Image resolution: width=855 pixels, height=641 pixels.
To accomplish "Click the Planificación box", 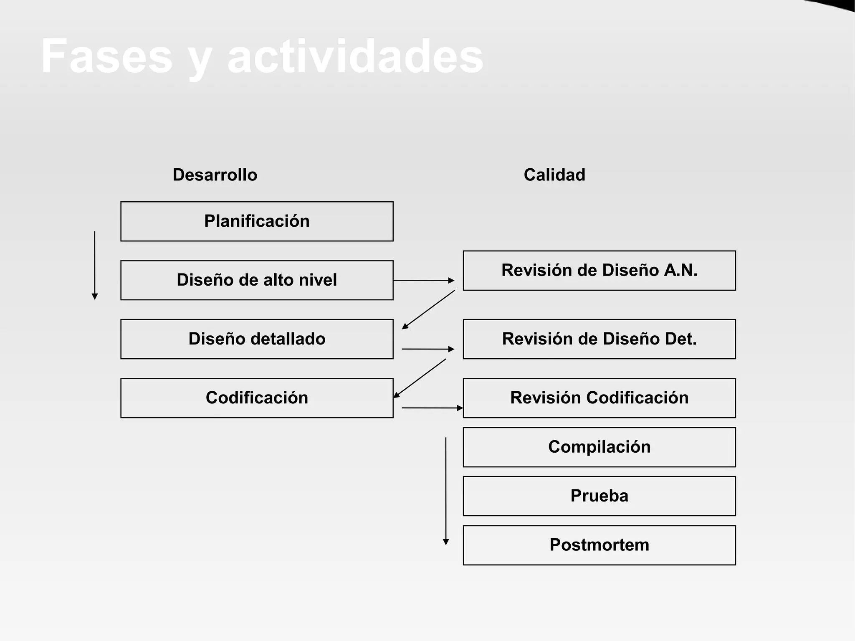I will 257,221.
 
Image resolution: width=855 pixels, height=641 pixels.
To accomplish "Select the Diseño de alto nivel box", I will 257,280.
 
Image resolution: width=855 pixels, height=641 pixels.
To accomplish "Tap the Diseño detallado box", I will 257,339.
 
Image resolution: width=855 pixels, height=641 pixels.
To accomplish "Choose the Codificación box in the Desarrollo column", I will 257,398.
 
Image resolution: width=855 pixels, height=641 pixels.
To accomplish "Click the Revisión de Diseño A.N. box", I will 599,271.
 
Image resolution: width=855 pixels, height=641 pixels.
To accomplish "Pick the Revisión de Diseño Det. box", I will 599,339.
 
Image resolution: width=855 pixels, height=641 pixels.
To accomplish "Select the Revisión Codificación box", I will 599,398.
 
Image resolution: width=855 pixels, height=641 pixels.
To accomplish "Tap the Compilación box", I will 599,447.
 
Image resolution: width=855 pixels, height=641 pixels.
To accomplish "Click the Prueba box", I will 599,496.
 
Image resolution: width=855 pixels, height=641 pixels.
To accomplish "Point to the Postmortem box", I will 599,545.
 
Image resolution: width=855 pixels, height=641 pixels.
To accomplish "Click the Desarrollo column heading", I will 215,175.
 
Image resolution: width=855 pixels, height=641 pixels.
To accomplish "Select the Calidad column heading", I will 554,175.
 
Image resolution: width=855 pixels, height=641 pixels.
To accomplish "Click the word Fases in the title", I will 106,56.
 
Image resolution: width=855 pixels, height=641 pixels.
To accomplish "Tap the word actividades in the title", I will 355,56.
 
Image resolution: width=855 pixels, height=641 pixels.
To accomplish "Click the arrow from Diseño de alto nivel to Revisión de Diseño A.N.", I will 423,281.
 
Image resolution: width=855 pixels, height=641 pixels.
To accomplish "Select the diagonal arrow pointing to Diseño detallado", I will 428,309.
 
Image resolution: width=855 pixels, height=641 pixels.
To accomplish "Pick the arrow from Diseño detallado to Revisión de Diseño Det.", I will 428,349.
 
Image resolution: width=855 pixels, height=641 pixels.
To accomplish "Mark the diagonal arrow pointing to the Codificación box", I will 420,378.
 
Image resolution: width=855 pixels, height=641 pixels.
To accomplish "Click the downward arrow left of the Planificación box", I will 95,265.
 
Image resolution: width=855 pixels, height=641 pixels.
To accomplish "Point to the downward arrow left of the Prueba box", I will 446,491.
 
